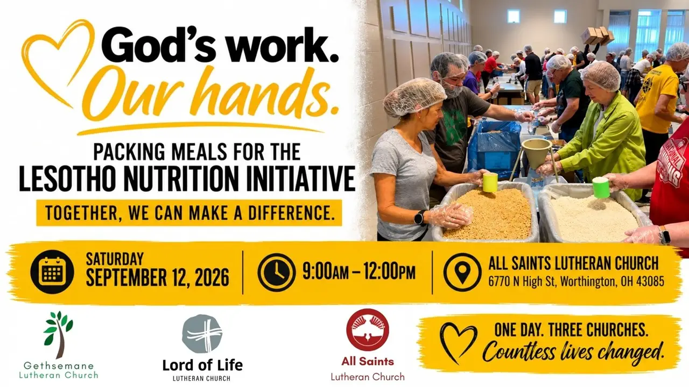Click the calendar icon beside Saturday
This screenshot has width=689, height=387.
52,272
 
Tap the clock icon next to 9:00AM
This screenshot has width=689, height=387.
277,272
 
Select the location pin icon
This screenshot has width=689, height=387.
462,272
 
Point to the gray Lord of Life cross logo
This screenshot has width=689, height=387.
202,334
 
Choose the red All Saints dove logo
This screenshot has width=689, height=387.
368,330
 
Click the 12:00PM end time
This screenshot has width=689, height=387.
390,271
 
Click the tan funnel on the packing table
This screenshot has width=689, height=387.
537,152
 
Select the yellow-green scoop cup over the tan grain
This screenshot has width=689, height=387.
490,182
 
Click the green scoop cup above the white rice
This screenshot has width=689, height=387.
601,188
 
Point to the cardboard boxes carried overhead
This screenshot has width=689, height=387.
597,35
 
